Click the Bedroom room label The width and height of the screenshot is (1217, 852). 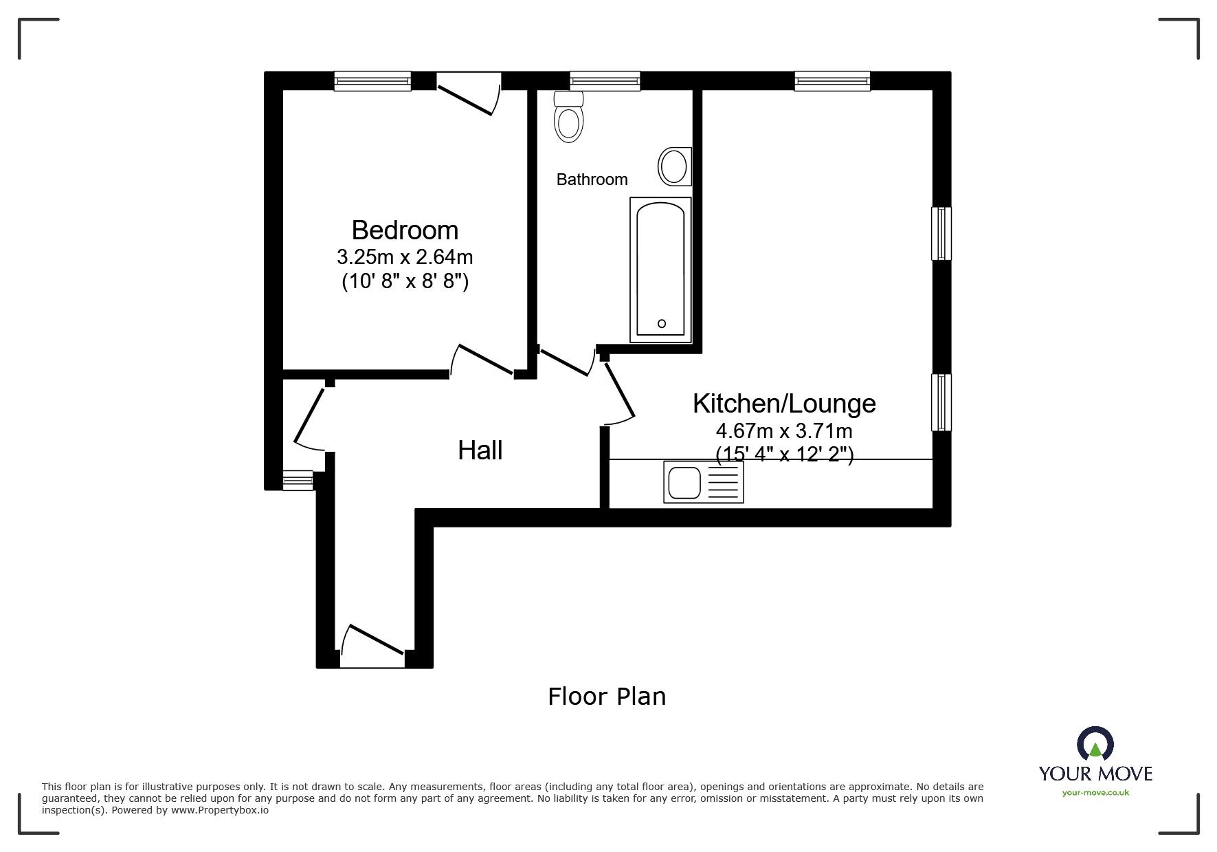[x=405, y=230]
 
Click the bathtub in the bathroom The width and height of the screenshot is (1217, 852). [x=660, y=270]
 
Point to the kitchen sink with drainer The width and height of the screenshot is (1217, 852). [x=703, y=481]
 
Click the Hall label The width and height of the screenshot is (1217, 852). [x=480, y=450]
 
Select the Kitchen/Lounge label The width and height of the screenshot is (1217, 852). [x=784, y=403]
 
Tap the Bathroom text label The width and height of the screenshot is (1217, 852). [x=592, y=179]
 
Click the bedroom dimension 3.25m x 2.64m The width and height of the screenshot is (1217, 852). [x=405, y=257]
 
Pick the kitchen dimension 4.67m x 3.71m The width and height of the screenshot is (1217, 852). [x=784, y=431]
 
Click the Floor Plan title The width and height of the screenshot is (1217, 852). [x=607, y=697]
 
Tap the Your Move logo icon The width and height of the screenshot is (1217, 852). [x=1095, y=745]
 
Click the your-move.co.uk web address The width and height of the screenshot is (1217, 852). [x=1095, y=793]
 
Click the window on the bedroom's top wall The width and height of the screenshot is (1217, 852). [x=372, y=81]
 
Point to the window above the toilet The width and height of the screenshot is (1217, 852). [x=605, y=81]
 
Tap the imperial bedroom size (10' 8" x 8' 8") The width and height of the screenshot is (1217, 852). [x=405, y=282]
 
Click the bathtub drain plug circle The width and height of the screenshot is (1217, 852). [x=662, y=323]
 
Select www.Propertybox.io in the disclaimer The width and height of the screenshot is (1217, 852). [x=219, y=810]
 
